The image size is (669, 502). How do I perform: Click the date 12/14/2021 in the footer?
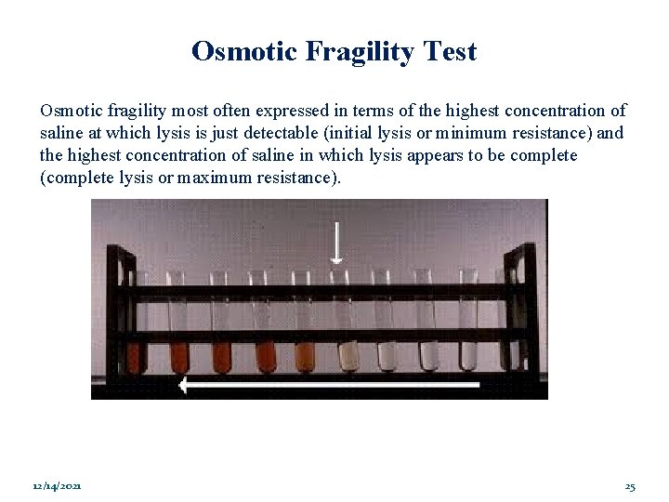[56, 486]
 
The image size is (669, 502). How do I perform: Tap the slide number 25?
[630, 486]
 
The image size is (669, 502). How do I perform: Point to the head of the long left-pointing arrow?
[187, 384]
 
